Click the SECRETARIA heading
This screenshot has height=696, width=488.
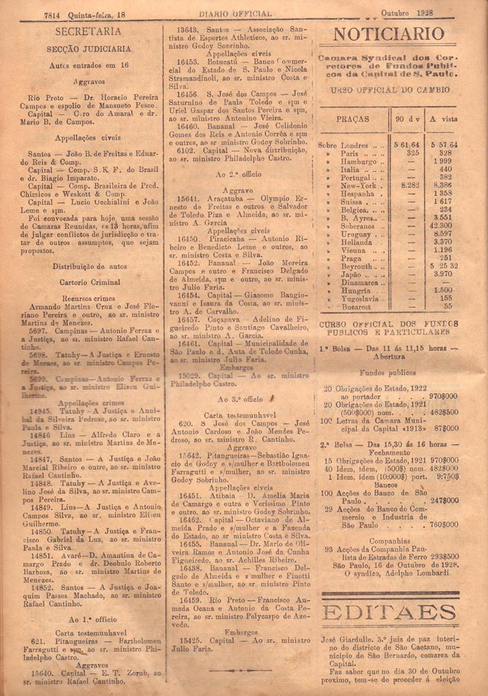click(x=88, y=31)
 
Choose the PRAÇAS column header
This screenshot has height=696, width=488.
click(x=352, y=119)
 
